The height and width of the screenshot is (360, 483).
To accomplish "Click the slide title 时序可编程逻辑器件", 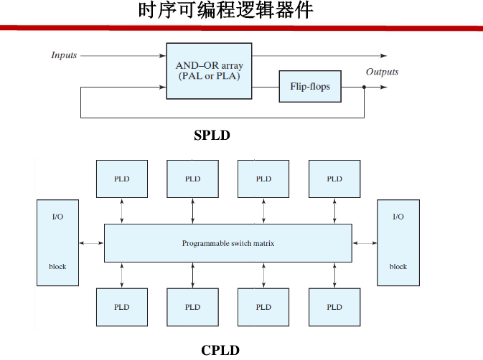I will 225,12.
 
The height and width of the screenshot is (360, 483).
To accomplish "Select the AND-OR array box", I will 209,71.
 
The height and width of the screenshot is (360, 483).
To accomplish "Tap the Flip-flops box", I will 310,87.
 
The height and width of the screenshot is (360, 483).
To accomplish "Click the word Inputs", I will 64,55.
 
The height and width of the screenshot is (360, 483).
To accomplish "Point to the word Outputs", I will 382,72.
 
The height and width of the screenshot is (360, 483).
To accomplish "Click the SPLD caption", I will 212,135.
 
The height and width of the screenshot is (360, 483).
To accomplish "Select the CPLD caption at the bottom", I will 220,350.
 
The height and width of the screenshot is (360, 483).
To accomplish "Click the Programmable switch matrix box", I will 228,243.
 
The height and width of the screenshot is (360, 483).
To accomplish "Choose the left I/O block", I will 57,243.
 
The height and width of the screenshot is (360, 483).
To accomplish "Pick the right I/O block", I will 398,243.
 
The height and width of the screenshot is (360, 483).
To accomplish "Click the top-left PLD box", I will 122,179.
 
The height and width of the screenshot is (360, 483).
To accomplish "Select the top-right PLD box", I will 334,179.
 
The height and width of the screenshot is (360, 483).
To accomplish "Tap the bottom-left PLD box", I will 122,307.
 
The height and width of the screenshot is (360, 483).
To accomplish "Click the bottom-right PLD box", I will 334,307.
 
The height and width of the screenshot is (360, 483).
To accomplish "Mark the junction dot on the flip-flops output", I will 365,87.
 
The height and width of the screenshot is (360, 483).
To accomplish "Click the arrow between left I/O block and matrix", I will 92,243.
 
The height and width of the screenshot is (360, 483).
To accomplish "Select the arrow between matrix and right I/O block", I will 365,243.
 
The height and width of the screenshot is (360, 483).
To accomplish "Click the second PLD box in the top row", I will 192,179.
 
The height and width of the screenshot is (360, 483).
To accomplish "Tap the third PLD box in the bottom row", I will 263,307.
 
